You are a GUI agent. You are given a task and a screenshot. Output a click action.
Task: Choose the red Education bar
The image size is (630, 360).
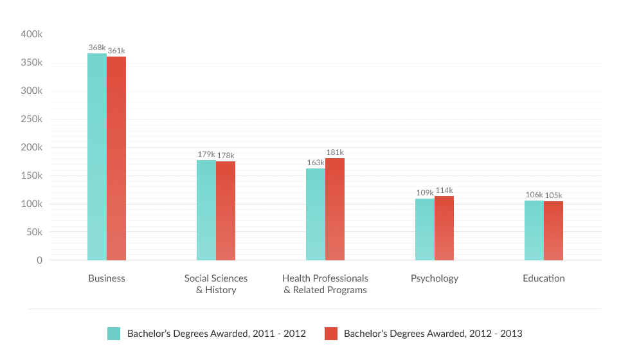pos(553,231)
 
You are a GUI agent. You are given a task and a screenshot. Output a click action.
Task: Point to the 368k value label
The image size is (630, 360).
pos(97,48)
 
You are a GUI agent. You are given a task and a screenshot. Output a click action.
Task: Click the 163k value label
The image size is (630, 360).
pos(316,163)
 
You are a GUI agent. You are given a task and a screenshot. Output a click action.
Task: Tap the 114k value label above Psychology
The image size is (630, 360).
pos(444,190)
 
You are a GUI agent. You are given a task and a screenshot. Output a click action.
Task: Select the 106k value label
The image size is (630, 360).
pos(534,195)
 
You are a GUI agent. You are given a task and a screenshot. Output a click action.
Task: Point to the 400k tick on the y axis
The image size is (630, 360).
pos(32,34)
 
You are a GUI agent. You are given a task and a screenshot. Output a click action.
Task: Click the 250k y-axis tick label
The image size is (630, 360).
pos(32,119)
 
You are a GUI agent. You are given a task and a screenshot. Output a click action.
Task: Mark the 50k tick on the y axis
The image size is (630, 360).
pos(34,232)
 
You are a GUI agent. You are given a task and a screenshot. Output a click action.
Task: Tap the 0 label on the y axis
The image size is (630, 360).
pos(39,260)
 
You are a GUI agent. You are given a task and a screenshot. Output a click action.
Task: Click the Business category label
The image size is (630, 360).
pos(107,278)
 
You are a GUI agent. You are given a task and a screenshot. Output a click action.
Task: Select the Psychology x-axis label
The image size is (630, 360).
pos(435,278)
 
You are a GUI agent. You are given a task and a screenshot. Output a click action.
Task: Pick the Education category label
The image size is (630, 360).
pos(544,278)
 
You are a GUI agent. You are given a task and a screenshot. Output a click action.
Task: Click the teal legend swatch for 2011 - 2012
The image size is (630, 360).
pos(114,334)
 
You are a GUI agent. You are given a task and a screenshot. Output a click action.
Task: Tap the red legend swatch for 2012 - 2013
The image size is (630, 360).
pos(330,334)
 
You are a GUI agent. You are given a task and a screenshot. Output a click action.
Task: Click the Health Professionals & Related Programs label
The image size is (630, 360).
pos(325,284)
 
